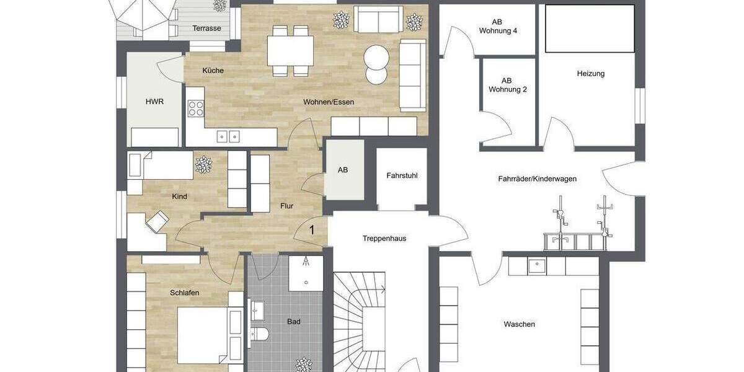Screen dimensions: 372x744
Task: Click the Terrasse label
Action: pos(206,29)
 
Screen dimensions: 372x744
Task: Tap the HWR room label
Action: pos(154,102)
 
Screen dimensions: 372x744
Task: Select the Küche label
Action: pos(213,71)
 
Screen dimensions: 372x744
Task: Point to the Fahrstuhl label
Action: pos(402,175)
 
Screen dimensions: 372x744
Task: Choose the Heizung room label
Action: pos(590,74)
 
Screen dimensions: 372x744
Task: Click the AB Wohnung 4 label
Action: pos(503,26)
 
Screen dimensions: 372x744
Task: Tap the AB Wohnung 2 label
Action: pos(507,85)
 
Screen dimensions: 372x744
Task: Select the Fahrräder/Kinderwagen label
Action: pos(537,179)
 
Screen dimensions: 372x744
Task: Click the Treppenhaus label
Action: pos(384,238)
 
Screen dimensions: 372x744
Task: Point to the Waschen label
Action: pos(519,324)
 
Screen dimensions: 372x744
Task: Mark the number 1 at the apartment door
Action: pos(312,230)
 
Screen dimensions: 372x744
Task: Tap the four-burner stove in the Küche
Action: pos(196,109)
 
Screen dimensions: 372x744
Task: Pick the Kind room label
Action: pos(179,197)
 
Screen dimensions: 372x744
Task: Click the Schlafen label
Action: pos(184,293)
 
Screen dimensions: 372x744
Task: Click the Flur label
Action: pos(286,206)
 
